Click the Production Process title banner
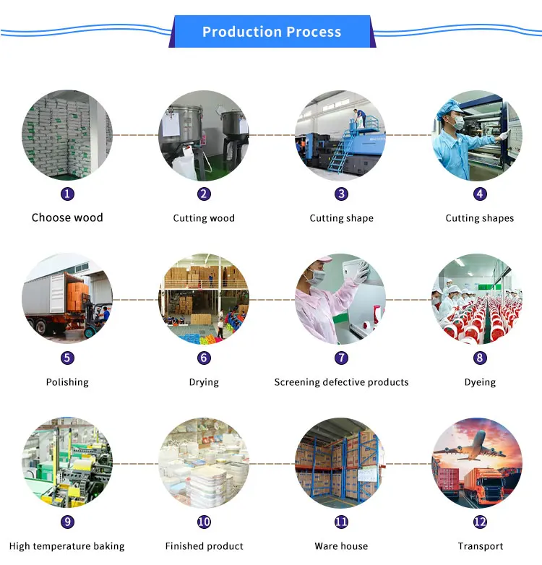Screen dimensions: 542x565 click(x=271, y=32)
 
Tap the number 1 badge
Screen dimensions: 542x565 click(x=67, y=194)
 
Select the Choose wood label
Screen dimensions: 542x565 click(x=67, y=217)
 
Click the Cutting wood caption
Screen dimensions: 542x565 click(x=204, y=218)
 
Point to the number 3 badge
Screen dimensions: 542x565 click(x=341, y=194)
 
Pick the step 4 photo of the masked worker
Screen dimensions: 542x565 click(x=477, y=136)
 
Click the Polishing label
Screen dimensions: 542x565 click(x=67, y=382)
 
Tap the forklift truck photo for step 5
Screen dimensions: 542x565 click(x=67, y=298)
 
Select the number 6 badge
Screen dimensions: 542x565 click(x=204, y=358)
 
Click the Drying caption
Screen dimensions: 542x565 click(x=204, y=382)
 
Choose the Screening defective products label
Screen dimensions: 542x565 click(x=341, y=382)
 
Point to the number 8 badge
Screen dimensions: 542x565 click(x=480, y=358)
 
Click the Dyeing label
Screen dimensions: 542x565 click(x=480, y=382)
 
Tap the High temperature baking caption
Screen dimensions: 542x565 click(x=67, y=546)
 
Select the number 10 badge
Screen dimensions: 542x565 click(x=204, y=522)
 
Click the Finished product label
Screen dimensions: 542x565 click(x=204, y=546)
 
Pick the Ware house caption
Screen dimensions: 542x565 click(x=341, y=546)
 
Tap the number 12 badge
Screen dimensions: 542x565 click(x=480, y=522)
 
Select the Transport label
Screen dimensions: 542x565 click(x=480, y=546)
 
